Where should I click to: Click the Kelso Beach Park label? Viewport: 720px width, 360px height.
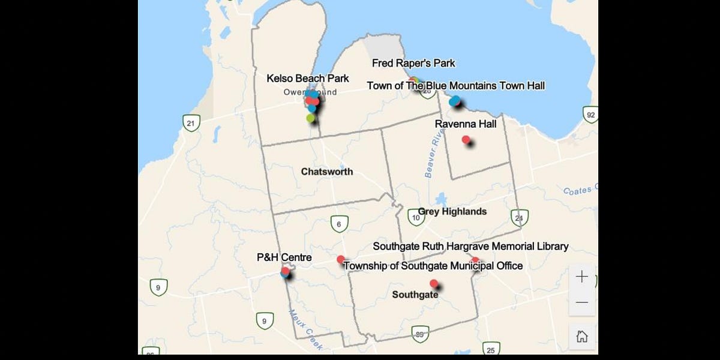tap(307, 79)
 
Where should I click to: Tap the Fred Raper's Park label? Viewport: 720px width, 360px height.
tap(413, 63)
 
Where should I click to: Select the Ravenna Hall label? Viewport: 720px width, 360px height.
tap(466, 124)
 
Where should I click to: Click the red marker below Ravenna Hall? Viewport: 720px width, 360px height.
tap(466, 140)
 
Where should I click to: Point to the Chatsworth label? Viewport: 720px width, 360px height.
tap(327, 172)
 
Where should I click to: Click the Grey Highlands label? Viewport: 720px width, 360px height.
tap(452, 211)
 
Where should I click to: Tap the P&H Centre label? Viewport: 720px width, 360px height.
tap(284, 257)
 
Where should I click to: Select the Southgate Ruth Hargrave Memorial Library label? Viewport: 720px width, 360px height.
tap(470, 246)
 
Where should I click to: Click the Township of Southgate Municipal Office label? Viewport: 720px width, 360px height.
tap(433, 265)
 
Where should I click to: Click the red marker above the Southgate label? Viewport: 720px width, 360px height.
tap(434, 283)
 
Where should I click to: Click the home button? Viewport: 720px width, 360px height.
tap(582, 336)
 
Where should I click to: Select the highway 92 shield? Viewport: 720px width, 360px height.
tap(590, 115)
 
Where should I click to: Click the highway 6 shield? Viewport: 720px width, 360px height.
tap(340, 224)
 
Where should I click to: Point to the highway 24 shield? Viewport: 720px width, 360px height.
tap(519, 218)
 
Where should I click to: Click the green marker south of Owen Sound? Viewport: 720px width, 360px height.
tap(310, 118)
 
